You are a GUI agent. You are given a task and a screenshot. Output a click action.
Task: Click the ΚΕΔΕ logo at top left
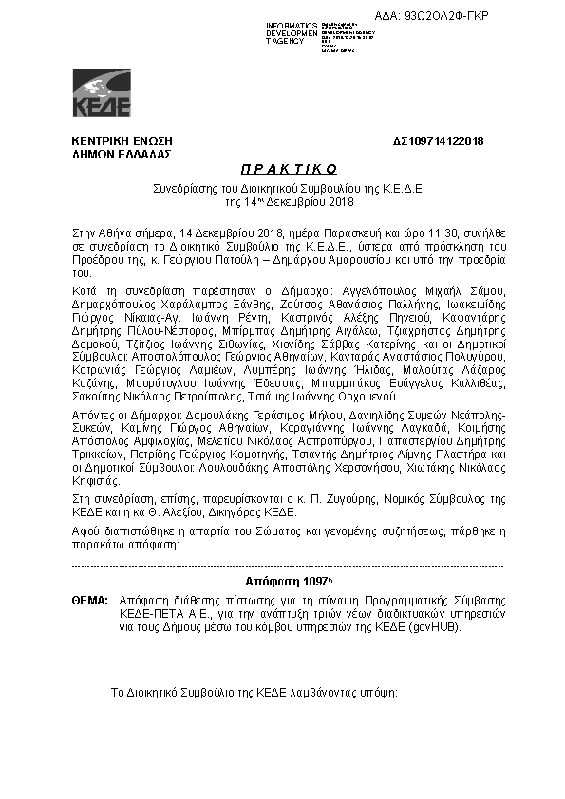pyautogui.click(x=102, y=93)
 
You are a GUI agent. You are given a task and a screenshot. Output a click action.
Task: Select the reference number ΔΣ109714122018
pyautogui.click(x=438, y=141)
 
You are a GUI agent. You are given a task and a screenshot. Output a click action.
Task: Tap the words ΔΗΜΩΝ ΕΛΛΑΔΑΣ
pyautogui.click(x=121, y=153)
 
